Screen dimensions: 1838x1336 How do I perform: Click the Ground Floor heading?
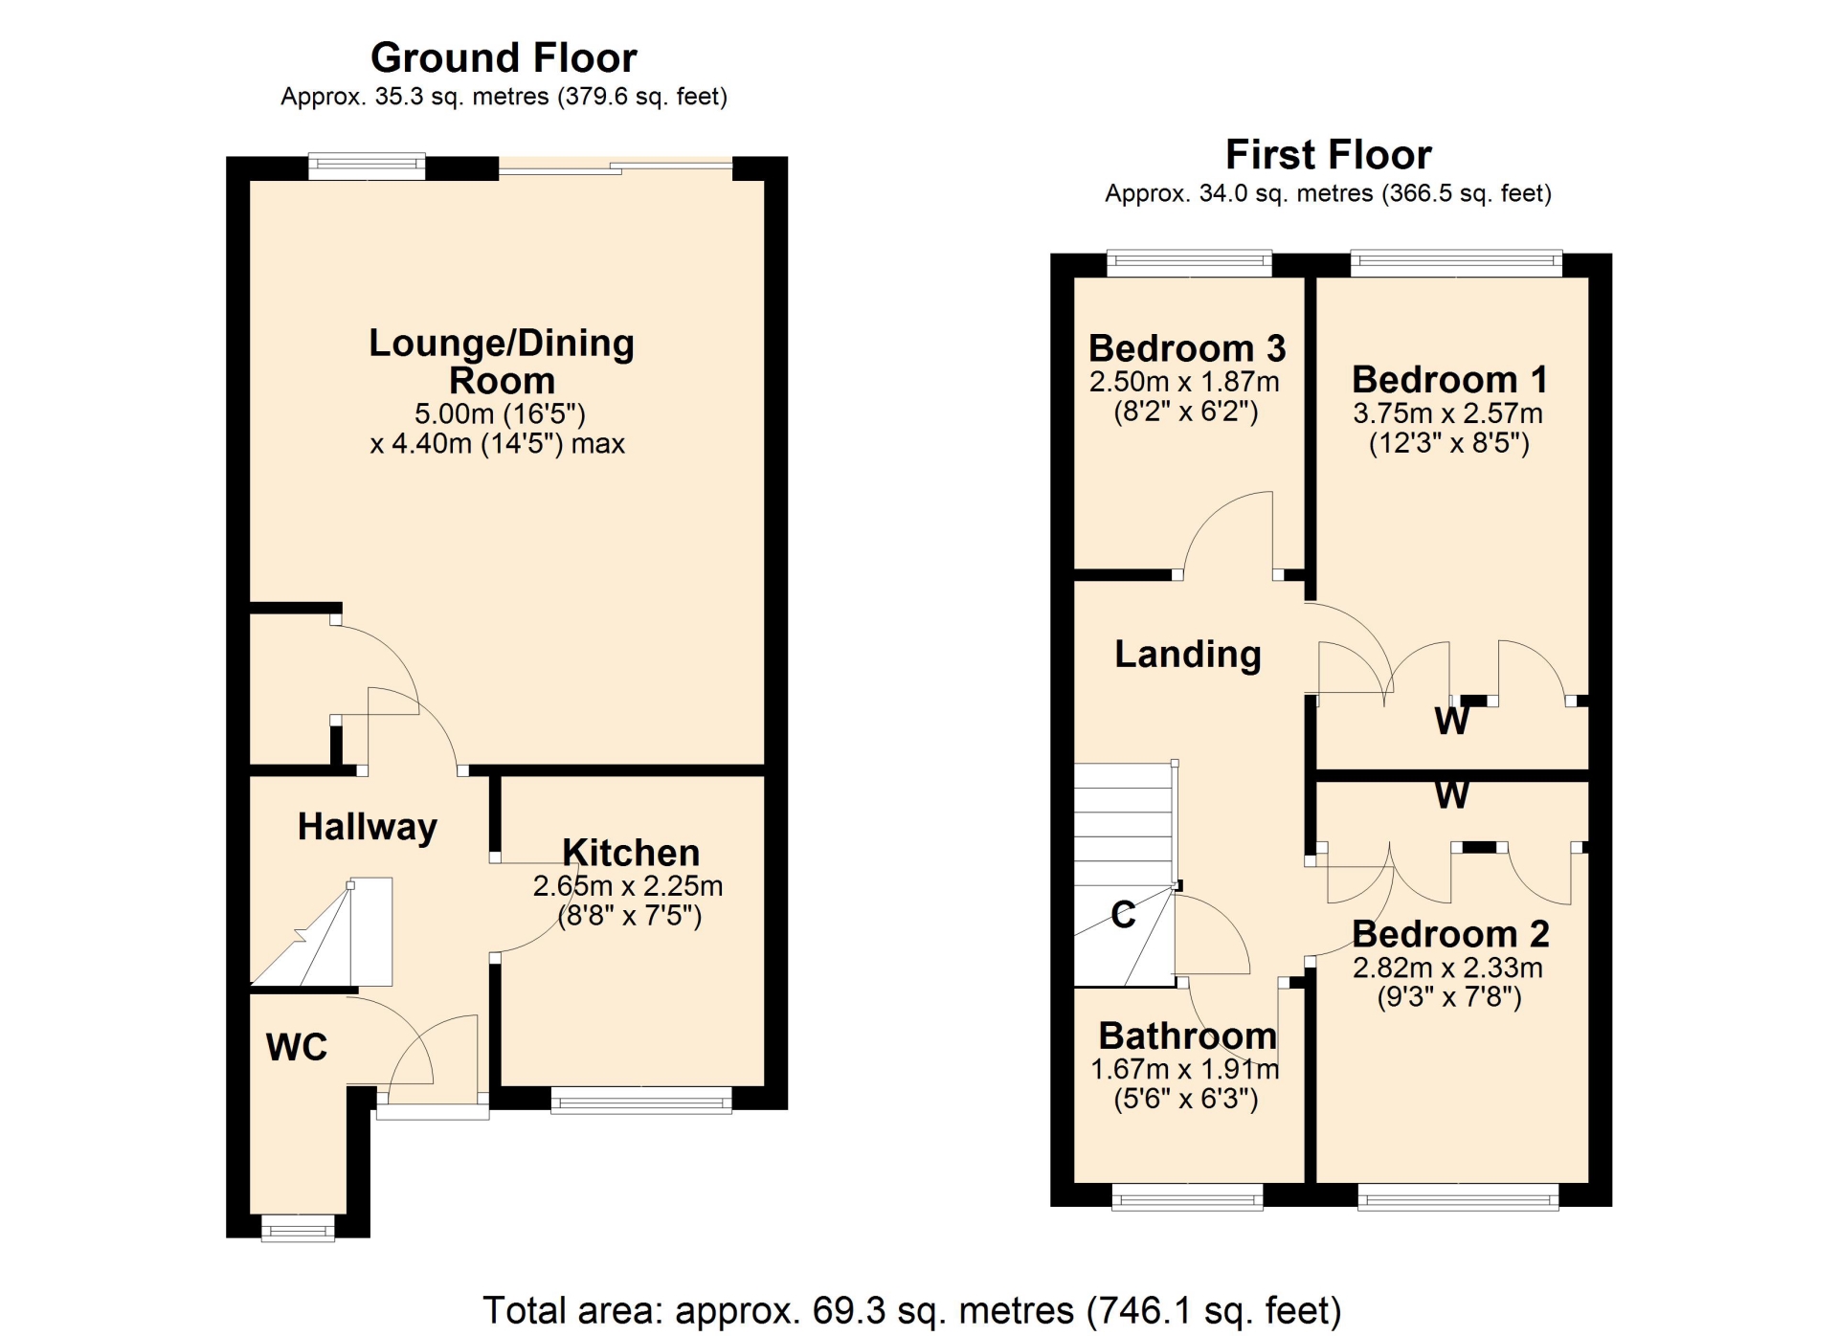point(504,58)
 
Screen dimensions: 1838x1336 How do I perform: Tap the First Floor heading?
point(1328,155)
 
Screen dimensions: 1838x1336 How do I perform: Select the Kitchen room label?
point(631,852)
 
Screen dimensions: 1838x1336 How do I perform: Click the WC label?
point(297,1047)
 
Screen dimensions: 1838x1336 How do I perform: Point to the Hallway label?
point(368,827)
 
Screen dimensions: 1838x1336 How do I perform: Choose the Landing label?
point(1188,655)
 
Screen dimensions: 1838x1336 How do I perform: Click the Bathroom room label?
point(1188,1035)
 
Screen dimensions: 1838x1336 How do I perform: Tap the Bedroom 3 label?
point(1187,348)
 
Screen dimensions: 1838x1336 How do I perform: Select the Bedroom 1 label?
point(1449,380)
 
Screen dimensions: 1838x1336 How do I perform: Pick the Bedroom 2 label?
point(1450,934)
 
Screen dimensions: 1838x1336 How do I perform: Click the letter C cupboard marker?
point(1124,915)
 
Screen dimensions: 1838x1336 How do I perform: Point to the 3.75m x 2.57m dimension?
point(1447,413)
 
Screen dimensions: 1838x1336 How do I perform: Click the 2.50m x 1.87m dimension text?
point(1184,382)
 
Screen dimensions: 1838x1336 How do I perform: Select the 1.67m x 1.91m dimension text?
point(1185,1069)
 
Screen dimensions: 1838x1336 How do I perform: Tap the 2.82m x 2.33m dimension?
point(1447,968)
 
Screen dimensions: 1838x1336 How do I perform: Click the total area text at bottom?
point(911,1310)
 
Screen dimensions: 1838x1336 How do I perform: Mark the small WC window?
point(298,1228)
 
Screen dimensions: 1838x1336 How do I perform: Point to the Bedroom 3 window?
point(1190,263)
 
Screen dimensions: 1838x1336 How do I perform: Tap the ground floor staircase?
point(323,931)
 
